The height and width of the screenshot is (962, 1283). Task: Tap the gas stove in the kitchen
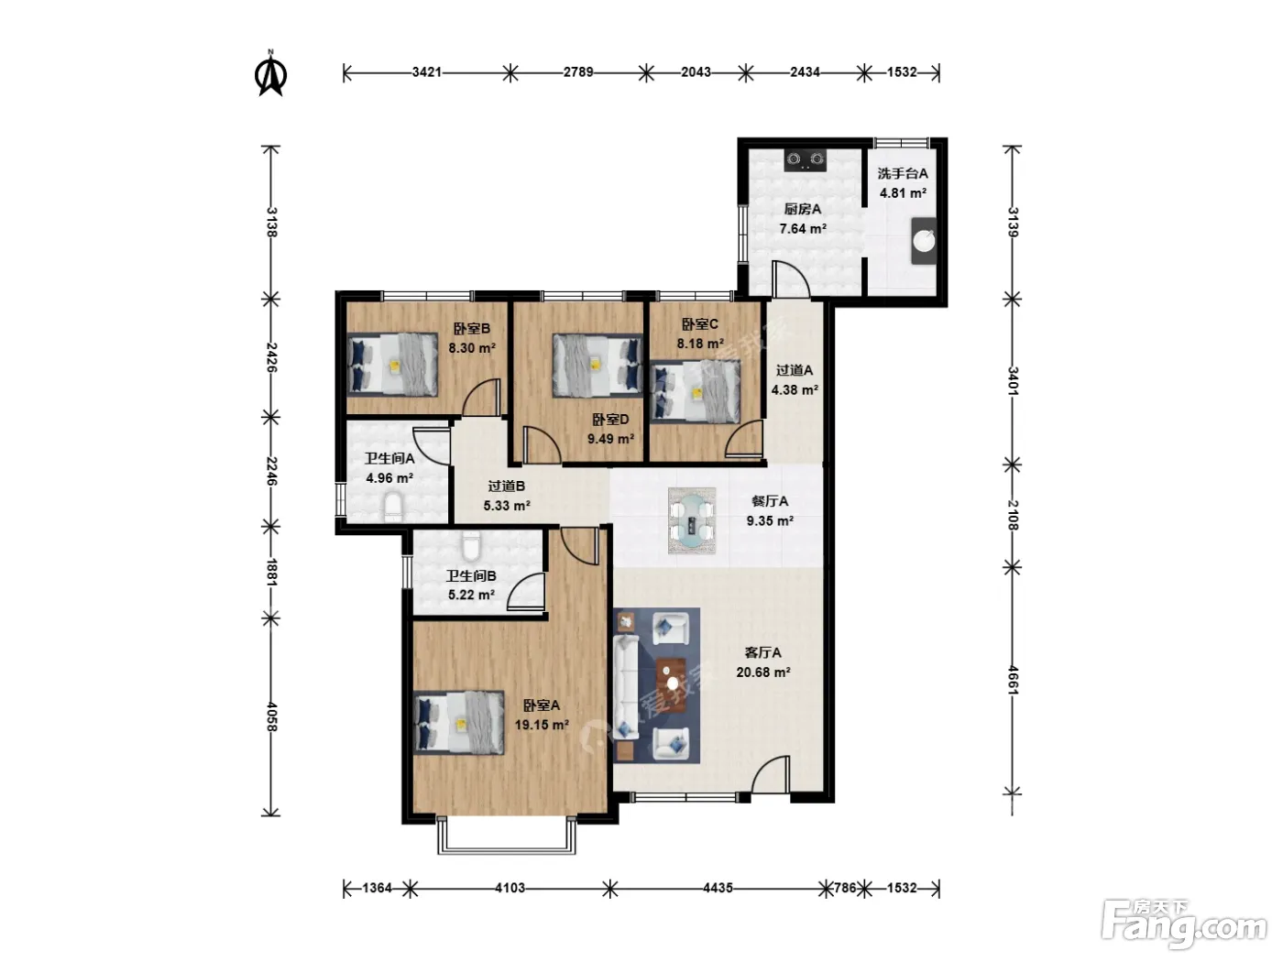tap(805, 160)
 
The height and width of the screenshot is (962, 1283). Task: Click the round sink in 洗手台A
tap(924, 241)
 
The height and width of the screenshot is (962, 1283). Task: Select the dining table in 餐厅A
tap(692, 520)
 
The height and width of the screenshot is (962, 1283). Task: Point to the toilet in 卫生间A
tap(393, 508)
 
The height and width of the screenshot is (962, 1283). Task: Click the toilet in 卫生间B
tap(470, 545)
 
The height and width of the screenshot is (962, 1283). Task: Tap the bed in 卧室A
tap(459, 723)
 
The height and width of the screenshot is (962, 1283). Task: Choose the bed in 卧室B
tap(393, 365)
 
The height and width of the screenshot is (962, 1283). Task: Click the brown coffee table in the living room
tap(671, 685)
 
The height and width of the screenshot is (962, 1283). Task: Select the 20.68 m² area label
tap(763, 672)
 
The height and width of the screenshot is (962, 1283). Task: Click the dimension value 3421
tap(427, 71)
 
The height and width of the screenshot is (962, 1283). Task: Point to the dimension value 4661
tap(1013, 681)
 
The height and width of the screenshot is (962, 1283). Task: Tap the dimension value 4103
tap(510, 889)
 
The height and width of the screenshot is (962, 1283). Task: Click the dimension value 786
tap(845, 889)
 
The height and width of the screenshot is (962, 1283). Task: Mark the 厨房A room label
tap(803, 209)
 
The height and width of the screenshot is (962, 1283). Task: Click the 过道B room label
tap(507, 486)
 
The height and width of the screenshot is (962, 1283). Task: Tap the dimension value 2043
tap(696, 71)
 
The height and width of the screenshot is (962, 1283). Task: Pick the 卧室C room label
tap(700, 323)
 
